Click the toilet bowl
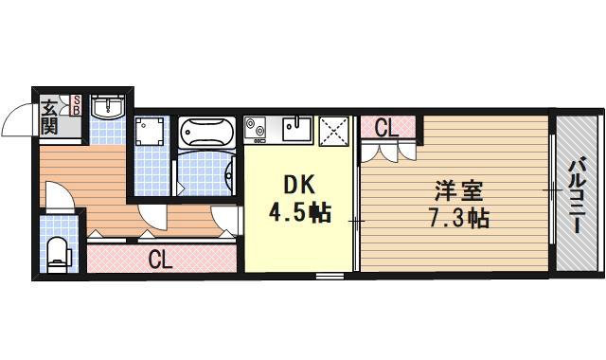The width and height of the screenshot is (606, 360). tap(59, 252)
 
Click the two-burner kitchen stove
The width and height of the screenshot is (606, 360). tap(258, 127)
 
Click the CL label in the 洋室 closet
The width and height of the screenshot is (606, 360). tap(385, 128)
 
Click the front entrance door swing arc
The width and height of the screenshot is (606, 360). tap(16, 119)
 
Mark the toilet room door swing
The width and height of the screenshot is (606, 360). tap(59, 197)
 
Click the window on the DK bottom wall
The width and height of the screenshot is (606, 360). tap(330, 276)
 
